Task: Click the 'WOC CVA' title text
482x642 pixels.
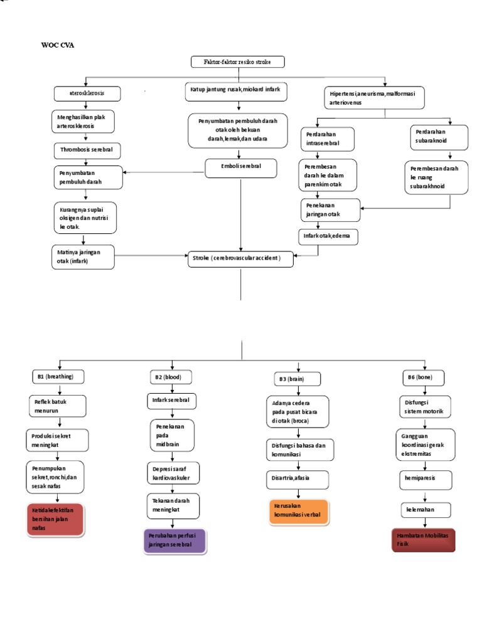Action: point(57,46)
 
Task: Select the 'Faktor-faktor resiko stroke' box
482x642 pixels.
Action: point(238,61)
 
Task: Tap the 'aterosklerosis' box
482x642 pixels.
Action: point(87,93)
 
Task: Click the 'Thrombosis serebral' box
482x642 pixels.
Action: point(86,150)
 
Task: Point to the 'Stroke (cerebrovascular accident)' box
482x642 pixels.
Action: point(241,258)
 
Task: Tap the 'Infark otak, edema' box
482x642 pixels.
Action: point(324,236)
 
